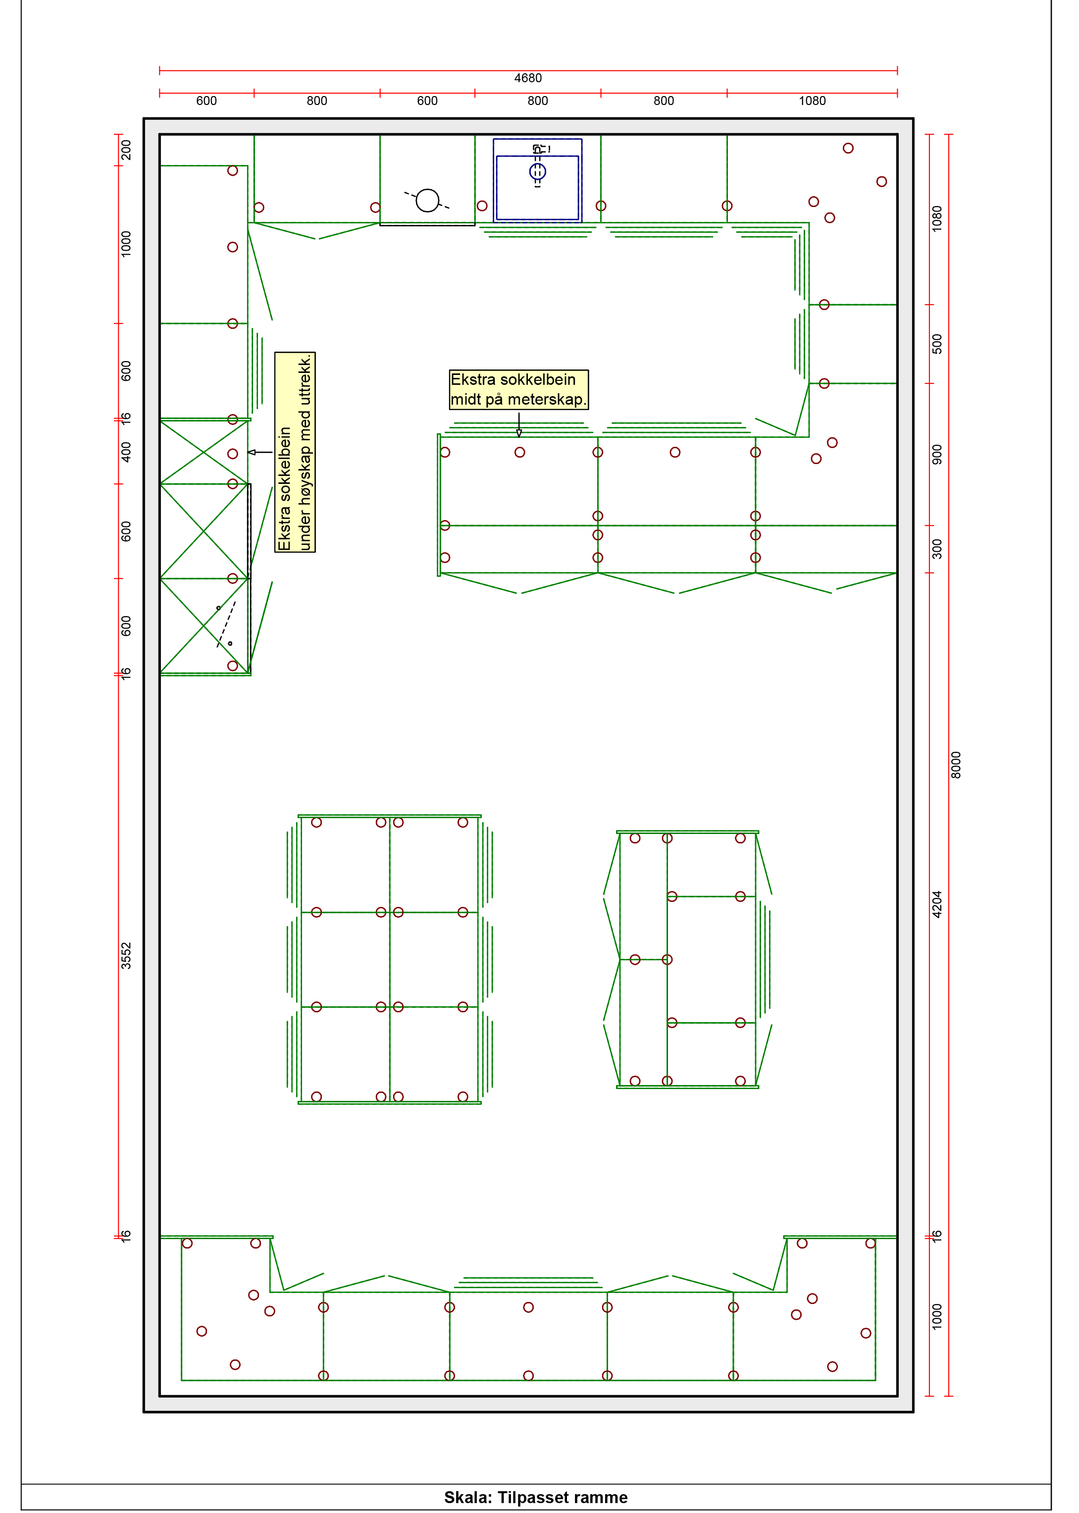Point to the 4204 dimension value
937,904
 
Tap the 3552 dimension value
126,955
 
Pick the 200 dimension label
126,150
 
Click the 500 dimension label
937,344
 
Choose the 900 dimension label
937,455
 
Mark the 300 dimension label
937,549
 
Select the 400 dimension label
126,452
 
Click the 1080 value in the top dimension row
812,101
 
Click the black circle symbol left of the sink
427,200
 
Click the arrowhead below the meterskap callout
519,433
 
